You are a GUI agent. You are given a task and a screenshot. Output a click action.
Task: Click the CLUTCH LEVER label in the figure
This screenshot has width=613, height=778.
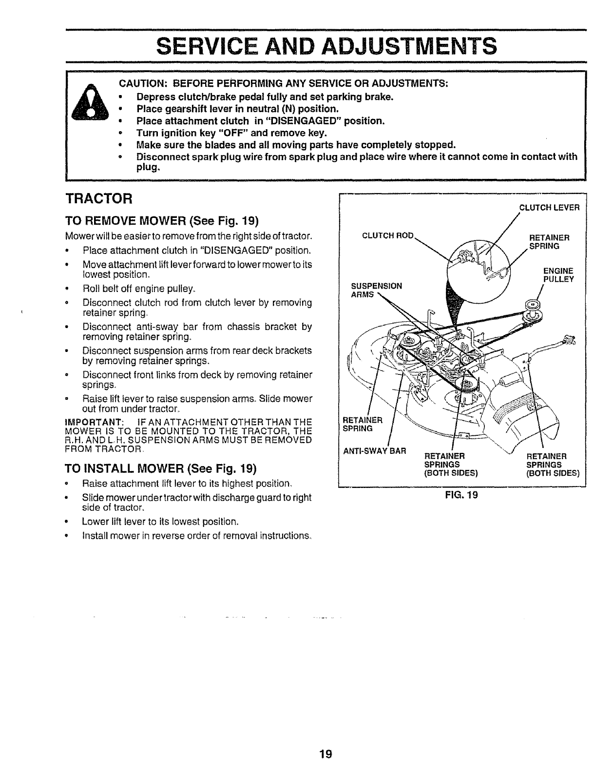coord(549,207)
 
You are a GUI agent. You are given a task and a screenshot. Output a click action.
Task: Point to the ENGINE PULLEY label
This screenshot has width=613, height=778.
coord(558,275)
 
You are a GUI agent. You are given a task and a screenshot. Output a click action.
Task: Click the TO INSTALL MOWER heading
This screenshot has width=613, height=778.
coord(161,469)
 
